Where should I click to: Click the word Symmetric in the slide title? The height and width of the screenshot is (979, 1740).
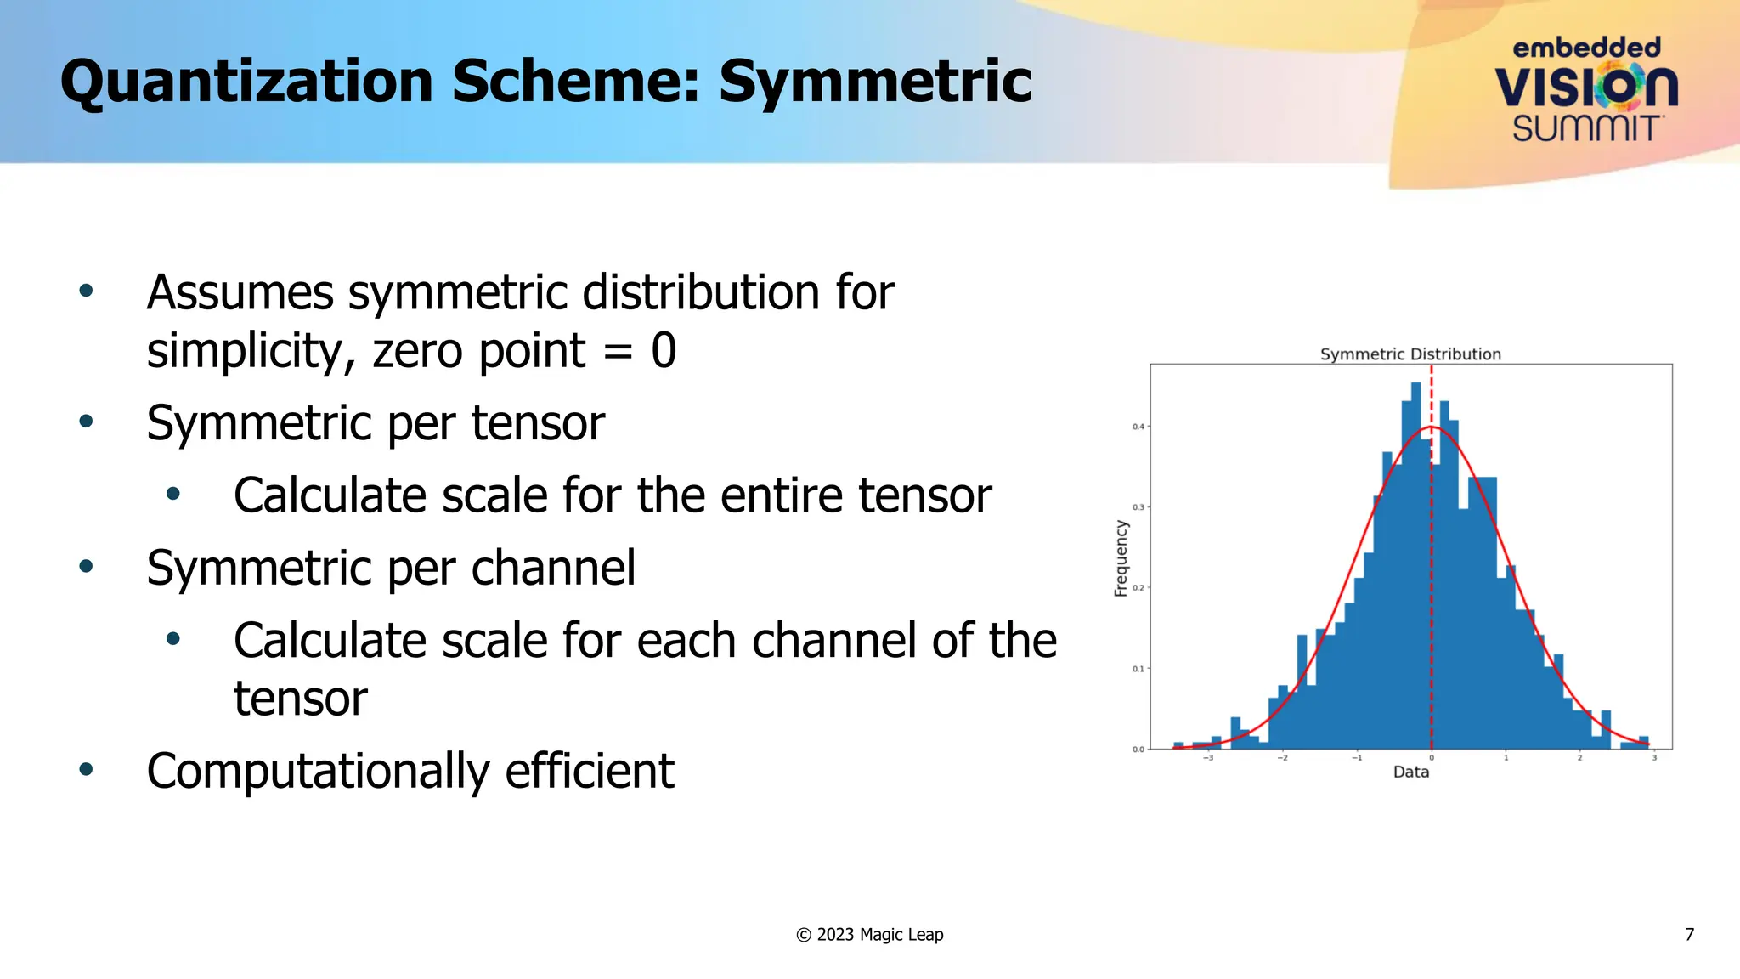(x=875, y=82)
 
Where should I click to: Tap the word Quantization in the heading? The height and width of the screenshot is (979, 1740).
(x=246, y=82)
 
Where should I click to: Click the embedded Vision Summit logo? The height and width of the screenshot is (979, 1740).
(x=1586, y=89)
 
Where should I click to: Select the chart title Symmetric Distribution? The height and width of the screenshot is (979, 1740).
(x=1410, y=354)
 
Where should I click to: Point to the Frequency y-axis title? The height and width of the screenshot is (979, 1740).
(x=1121, y=557)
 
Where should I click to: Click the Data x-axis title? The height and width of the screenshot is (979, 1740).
(x=1410, y=772)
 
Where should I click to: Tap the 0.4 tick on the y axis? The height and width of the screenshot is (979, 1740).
(x=1138, y=427)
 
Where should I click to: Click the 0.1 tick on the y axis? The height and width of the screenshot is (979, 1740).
(x=1138, y=669)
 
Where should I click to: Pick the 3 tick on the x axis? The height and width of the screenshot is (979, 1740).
(x=1654, y=758)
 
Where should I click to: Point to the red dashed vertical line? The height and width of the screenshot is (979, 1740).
(x=1432, y=595)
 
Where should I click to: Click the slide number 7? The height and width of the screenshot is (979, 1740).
(x=1689, y=935)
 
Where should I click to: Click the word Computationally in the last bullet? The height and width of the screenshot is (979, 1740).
(x=319, y=772)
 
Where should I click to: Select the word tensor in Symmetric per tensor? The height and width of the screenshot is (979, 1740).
(x=538, y=423)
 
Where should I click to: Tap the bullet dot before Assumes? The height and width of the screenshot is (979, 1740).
(x=86, y=291)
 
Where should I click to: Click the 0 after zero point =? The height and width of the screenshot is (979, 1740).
(x=664, y=350)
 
